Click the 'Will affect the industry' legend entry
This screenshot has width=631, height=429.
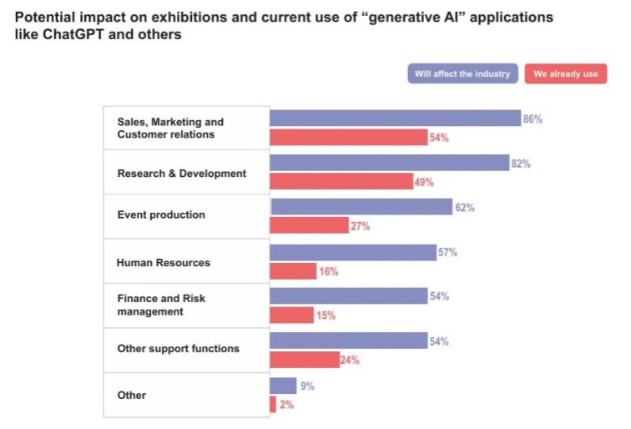coord(463,73)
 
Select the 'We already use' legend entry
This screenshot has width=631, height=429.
coord(566,73)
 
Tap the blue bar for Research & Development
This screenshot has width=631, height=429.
coord(389,163)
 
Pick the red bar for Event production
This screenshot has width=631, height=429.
coord(309,225)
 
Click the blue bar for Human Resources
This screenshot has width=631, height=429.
coord(353,252)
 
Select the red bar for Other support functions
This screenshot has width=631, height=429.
coord(304,360)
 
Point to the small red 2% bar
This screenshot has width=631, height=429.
coord(273,404)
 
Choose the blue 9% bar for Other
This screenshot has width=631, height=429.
coord(283,386)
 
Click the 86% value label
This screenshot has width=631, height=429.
coord(533,119)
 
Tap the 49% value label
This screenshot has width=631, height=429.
coord(423,182)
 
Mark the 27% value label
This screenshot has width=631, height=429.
coord(360,226)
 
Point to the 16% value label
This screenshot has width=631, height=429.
coord(328,271)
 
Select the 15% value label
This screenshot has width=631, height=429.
coord(325,315)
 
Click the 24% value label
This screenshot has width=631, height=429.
coord(351,361)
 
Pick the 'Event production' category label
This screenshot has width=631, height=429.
coord(161,214)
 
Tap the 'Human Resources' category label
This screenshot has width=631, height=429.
coord(164,262)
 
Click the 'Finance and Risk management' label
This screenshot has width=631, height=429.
coord(161,305)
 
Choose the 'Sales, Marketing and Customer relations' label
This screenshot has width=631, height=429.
coord(170,128)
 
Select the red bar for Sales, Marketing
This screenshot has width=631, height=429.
coord(348,137)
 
